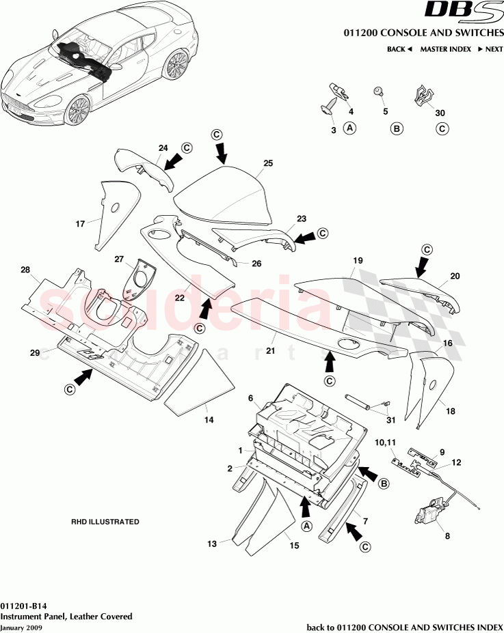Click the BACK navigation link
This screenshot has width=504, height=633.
tap(399, 49)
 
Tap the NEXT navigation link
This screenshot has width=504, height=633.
tap(490, 49)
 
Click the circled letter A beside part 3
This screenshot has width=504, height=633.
tap(349, 128)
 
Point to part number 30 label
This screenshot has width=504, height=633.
tap(440, 113)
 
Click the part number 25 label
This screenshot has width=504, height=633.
tap(268, 163)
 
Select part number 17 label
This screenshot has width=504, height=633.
tap(80, 223)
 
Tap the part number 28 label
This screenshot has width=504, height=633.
tap(26, 271)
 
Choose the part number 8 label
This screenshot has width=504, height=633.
tap(447, 536)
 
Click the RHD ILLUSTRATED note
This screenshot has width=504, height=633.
tap(105, 522)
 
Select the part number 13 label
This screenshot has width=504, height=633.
tap(212, 544)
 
